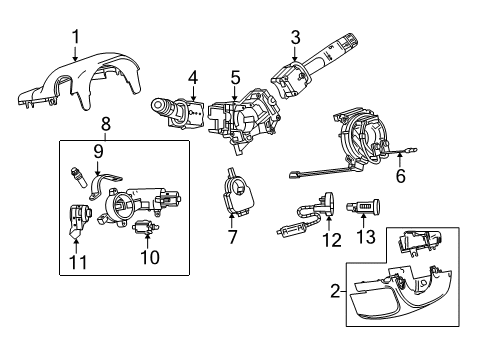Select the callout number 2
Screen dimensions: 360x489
pos(334,291)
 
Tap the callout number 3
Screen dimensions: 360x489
pos(295,38)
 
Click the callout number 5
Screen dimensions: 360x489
pos(235,75)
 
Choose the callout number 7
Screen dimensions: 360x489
pos(232,237)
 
